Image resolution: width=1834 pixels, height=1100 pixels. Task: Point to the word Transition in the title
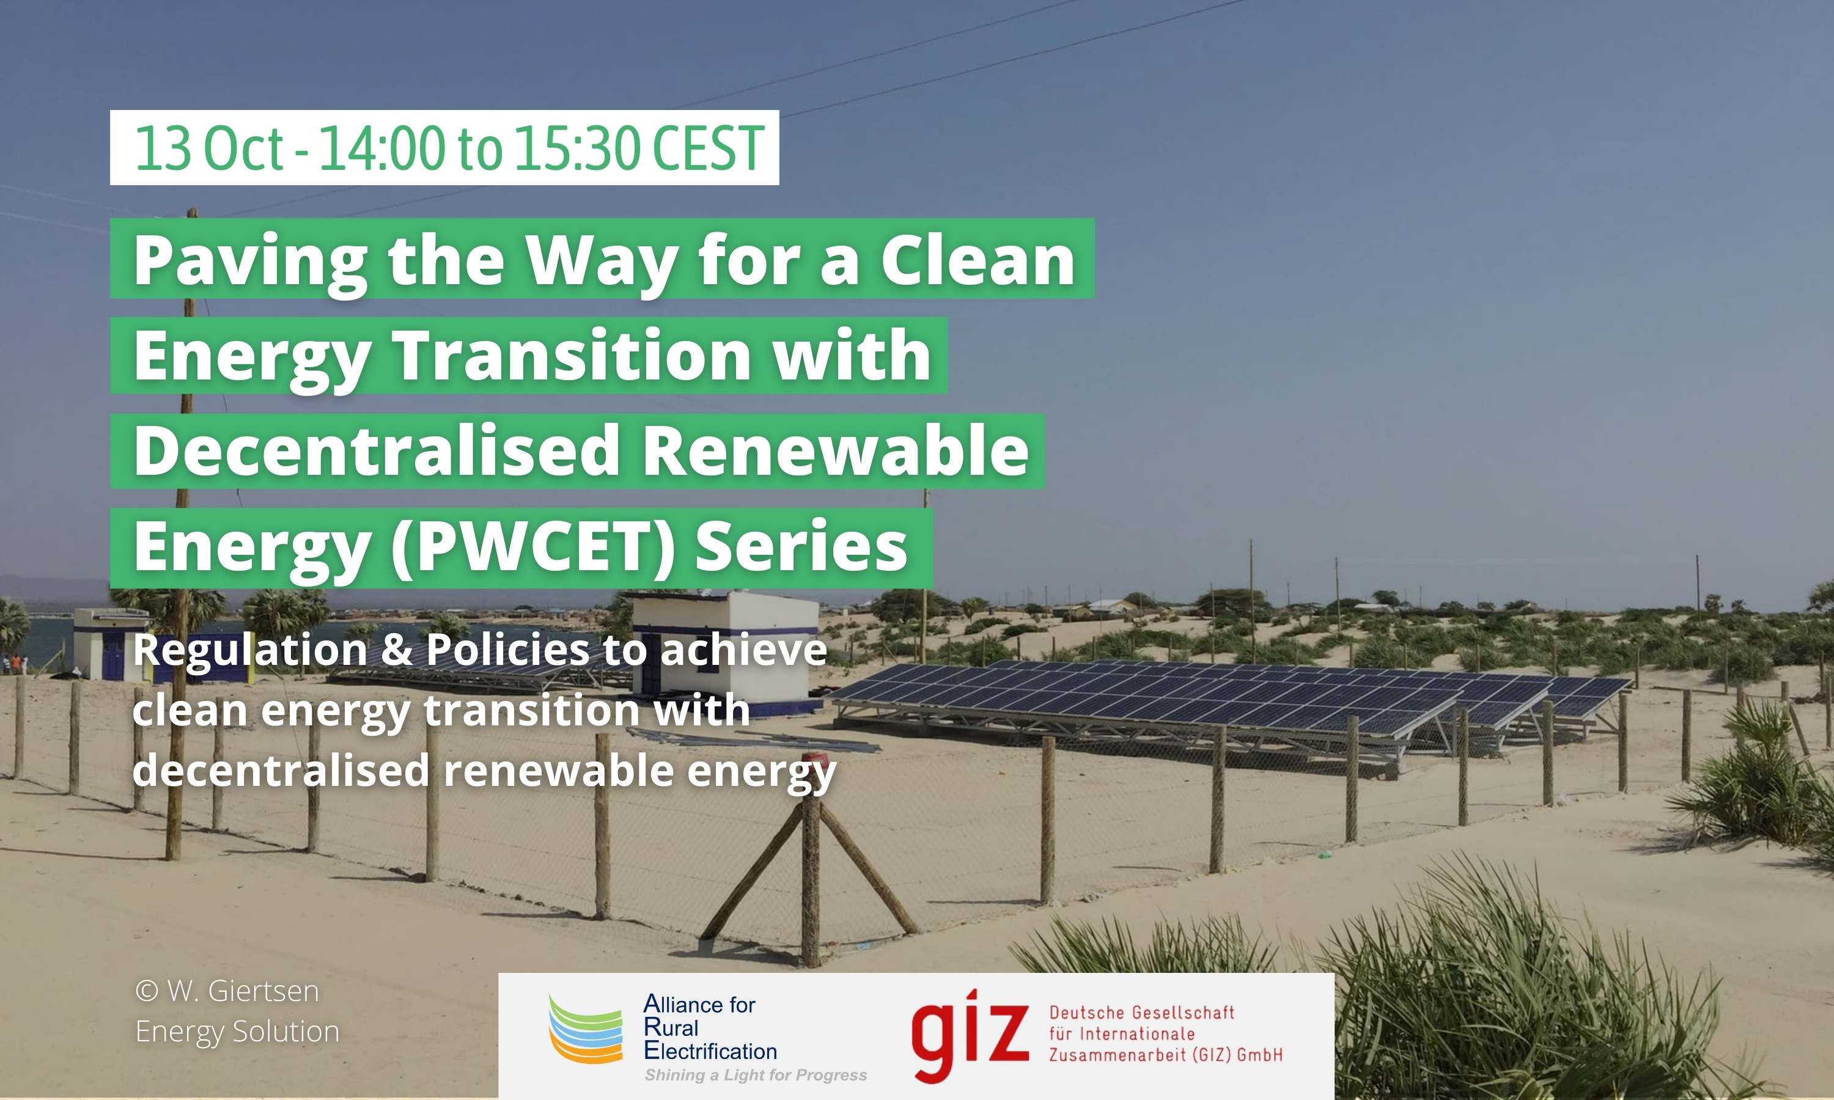pyautogui.click(x=572, y=356)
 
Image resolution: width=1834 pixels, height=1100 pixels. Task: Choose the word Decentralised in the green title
pyautogui.click(x=377, y=450)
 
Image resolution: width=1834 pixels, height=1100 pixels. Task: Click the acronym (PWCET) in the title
pyautogui.click(x=533, y=547)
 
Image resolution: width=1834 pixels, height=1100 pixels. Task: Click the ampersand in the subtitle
pyautogui.click(x=397, y=650)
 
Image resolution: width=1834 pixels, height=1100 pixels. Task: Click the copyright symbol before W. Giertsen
pyautogui.click(x=147, y=991)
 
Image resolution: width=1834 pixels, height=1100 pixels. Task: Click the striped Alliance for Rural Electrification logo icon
pyautogui.click(x=585, y=1029)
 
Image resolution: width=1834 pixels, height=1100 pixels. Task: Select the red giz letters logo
pyautogui.click(x=970, y=1035)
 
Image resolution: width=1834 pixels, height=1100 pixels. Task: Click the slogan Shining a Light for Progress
pyautogui.click(x=756, y=1075)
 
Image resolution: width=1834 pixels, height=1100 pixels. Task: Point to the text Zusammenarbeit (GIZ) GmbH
pyautogui.click(x=1165, y=1055)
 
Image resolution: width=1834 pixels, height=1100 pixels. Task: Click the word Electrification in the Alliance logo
pyautogui.click(x=710, y=1051)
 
